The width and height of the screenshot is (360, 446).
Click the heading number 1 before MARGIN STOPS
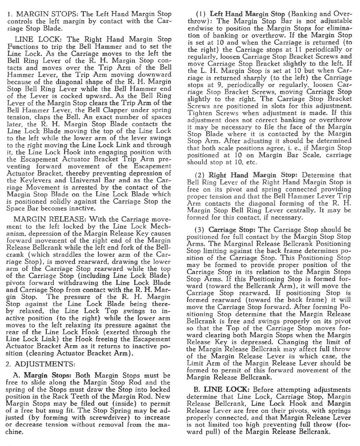(x=9, y=14)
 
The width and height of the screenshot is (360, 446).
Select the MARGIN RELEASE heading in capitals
(x=50, y=219)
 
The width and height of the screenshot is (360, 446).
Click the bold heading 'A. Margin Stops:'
(x=40, y=376)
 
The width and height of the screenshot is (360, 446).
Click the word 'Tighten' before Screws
(x=199, y=113)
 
